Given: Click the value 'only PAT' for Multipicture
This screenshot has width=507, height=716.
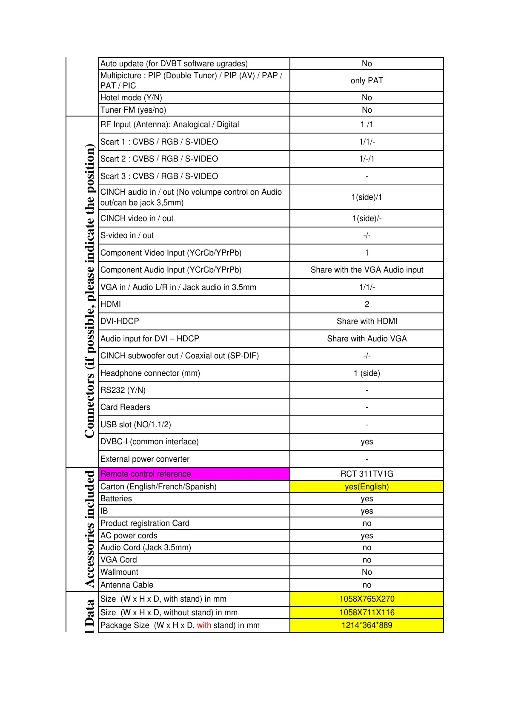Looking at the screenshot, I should point(367,80).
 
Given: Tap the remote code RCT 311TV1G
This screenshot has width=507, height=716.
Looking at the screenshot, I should point(367,474).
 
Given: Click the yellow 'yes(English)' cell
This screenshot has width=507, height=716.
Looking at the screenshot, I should point(367,486).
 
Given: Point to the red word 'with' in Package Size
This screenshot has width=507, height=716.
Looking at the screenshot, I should point(204,625).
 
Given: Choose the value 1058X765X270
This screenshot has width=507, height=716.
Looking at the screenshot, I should point(367,599).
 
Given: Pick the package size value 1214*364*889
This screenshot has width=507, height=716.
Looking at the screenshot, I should point(367,625).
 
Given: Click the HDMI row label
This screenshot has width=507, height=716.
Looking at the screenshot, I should point(111,304).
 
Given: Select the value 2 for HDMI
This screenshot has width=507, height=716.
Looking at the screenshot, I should point(367,304).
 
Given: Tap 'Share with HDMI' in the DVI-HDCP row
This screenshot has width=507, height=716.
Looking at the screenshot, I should point(367,321).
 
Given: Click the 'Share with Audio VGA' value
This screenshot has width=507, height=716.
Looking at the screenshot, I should point(367,338).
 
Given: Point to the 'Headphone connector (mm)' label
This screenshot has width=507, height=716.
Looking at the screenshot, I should point(150,373).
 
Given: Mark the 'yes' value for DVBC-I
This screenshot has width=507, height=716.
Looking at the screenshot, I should point(367,441).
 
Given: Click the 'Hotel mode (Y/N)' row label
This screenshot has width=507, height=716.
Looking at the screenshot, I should point(131,97).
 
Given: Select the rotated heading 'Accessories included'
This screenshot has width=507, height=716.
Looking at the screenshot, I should point(89,528).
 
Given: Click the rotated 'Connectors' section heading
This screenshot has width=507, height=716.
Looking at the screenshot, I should point(89,291).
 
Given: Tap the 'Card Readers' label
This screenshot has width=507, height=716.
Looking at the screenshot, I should point(125,407).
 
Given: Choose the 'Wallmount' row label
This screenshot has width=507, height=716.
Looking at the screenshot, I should point(119,572).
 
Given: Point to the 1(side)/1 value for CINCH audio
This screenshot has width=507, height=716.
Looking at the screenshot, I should point(367,197).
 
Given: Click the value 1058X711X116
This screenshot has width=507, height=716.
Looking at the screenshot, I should point(367,612).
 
